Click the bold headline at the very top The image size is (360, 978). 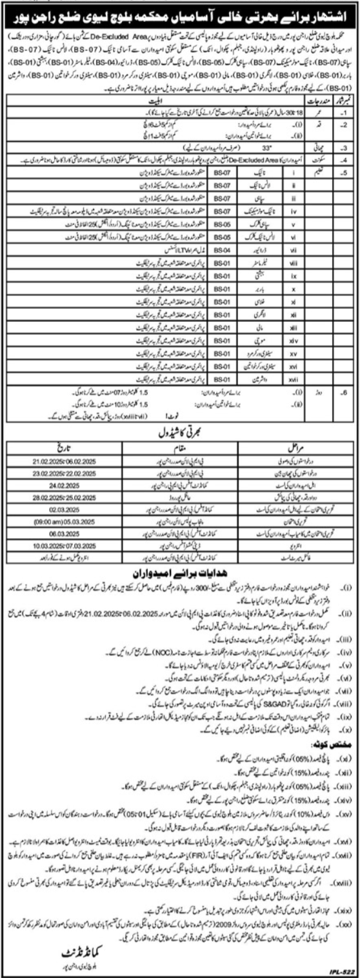(179, 8)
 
